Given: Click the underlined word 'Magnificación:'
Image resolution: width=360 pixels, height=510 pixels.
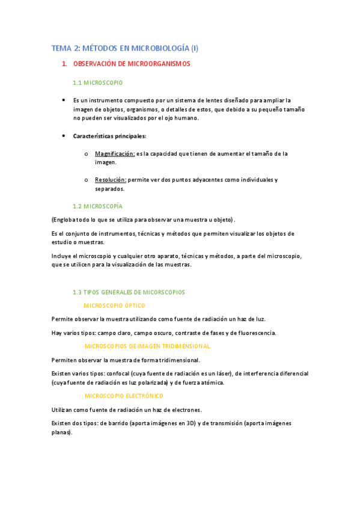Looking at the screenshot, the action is coord(115,154).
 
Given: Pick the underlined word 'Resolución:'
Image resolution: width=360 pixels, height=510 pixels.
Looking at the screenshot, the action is coord(111,180).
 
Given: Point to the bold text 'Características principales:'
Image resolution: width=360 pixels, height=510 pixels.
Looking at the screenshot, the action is coord(106,136).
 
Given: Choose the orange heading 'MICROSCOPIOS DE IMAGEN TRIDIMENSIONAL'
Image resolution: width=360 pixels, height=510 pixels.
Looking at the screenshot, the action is coord(147,346).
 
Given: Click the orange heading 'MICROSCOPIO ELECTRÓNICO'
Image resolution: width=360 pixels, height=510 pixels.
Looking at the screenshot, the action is coord(124,396).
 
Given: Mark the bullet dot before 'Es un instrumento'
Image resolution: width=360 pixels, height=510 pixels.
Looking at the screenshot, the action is coord(63,100).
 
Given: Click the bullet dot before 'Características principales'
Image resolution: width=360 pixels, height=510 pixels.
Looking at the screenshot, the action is coord(63,136).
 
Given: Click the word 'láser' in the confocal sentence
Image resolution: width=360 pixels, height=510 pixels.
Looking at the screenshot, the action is coord(224,373).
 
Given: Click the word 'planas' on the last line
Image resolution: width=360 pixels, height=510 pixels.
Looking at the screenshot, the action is coord(63,432).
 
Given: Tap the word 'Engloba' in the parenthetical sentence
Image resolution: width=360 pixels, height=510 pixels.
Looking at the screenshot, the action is coord(65,220).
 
